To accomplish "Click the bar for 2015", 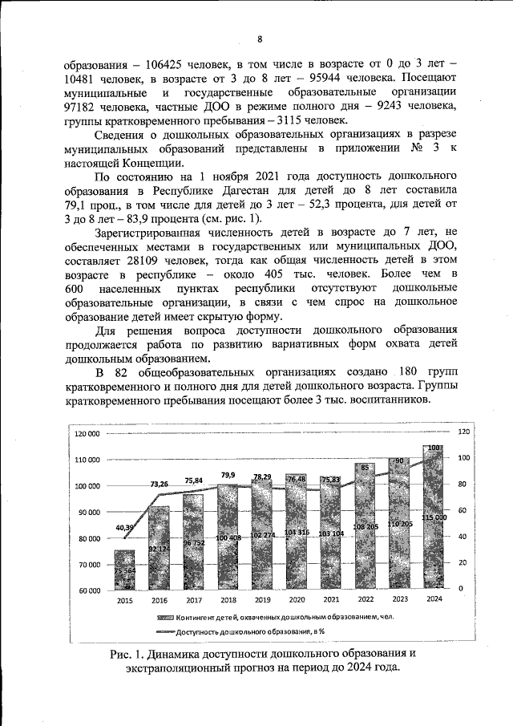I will [124, 570].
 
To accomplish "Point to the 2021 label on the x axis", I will [329, 600].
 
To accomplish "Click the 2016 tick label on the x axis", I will [160, 600].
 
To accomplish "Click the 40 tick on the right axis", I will [462, 537].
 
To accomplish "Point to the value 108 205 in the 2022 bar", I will [365, 526].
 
